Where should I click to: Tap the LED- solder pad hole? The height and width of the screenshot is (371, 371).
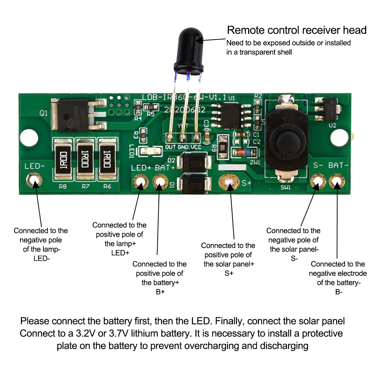pos(34,181)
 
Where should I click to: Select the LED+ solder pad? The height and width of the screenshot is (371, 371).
pos(141,181)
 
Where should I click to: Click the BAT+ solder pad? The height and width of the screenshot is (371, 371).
pos(160,181)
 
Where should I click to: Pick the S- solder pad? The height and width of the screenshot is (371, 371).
pos(318,181)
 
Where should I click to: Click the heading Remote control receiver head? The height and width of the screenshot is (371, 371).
pos(297,30)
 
